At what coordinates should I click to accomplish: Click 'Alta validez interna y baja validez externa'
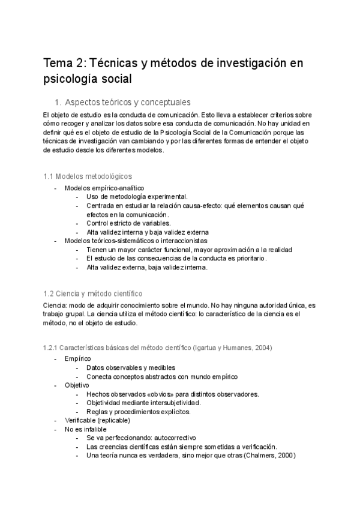click(x=147, y=232)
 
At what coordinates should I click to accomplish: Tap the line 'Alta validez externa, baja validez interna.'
click(x=147, y=268)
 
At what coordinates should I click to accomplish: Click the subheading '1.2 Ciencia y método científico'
click(x=93, y=294)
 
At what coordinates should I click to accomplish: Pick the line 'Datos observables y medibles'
click(x=131, y=367)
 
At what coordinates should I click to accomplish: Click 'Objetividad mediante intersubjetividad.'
click(x=143, y=403)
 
